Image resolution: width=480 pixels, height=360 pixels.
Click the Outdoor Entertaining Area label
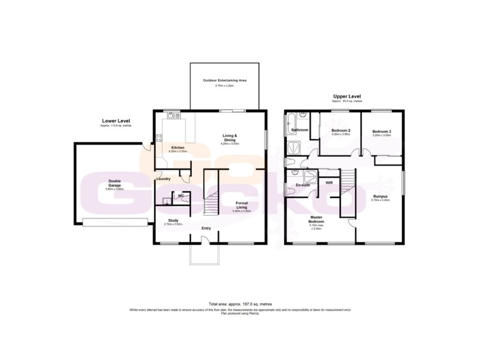(x=224, y=80)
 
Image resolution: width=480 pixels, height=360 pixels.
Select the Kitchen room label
(x=177, y=148)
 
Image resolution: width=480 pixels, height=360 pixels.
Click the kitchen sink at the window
(x=174, y=115)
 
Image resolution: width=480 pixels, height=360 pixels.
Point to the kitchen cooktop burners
(x=159, y=139)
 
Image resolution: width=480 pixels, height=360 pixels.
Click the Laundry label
(x=164, y=179)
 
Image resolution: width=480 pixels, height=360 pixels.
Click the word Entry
(x=206, y=228)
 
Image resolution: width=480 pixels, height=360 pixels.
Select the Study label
(x=173, y=220)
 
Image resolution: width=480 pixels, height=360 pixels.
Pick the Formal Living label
(x=242, y=205)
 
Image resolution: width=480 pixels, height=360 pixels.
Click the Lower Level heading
(x=116, y=121)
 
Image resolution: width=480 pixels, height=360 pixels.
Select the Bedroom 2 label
(x=340, y=130)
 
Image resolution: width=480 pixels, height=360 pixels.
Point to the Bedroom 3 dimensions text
(x=381, y=136)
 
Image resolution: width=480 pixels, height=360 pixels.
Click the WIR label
(x=329, y=182)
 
